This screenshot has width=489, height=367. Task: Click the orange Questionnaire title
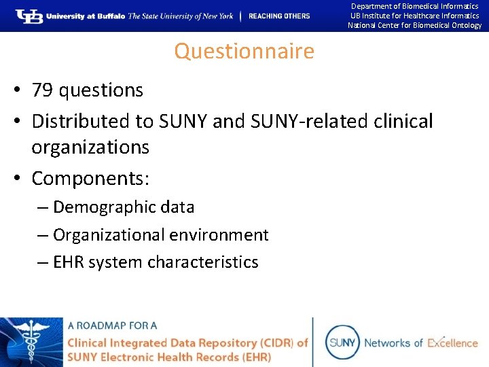click(244, 51)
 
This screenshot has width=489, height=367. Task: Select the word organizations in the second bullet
click(90, 147)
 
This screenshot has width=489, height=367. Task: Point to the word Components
click(88, 178)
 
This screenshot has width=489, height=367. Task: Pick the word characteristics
click(202, 262)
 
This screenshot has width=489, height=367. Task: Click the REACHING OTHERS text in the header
click(279, 16)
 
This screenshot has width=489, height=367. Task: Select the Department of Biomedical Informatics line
click(414, 6)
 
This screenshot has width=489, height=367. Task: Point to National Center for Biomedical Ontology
click(414, 26)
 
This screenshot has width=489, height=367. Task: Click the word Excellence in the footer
click(452, 343)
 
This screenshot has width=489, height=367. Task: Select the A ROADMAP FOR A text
click(111, 326)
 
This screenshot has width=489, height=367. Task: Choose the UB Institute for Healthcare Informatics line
click(414, 16)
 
